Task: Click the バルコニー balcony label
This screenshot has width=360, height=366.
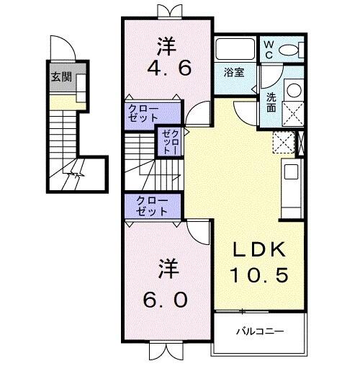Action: coord(261,332)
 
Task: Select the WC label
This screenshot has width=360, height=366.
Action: coord(268,48)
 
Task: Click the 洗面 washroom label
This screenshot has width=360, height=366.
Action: coord(271,102)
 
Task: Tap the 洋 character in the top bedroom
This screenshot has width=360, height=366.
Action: coord(166,45)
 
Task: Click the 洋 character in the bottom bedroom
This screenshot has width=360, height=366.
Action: coord(165,270)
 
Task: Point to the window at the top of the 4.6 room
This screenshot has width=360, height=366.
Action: coord(166,10)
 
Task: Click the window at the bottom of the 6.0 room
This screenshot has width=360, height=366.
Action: coord(164,352)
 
